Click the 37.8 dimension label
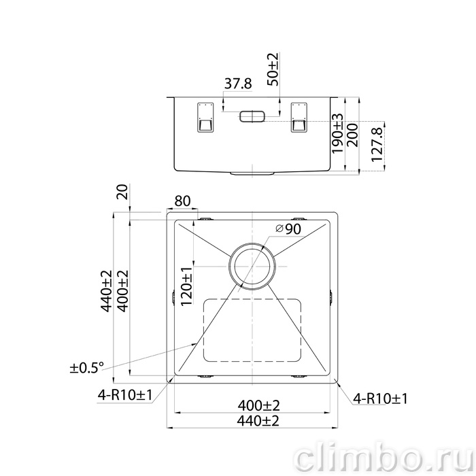coord(238,84)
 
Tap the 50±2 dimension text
coord(273,69)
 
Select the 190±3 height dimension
coord(337,133)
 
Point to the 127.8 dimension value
coord(377,144)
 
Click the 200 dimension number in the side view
coord(352,135)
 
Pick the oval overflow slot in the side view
coord(252,116)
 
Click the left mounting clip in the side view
coord(205,117)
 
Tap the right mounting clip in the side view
coord(299,117)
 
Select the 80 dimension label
coord(182,201)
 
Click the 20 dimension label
coord(122,192)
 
